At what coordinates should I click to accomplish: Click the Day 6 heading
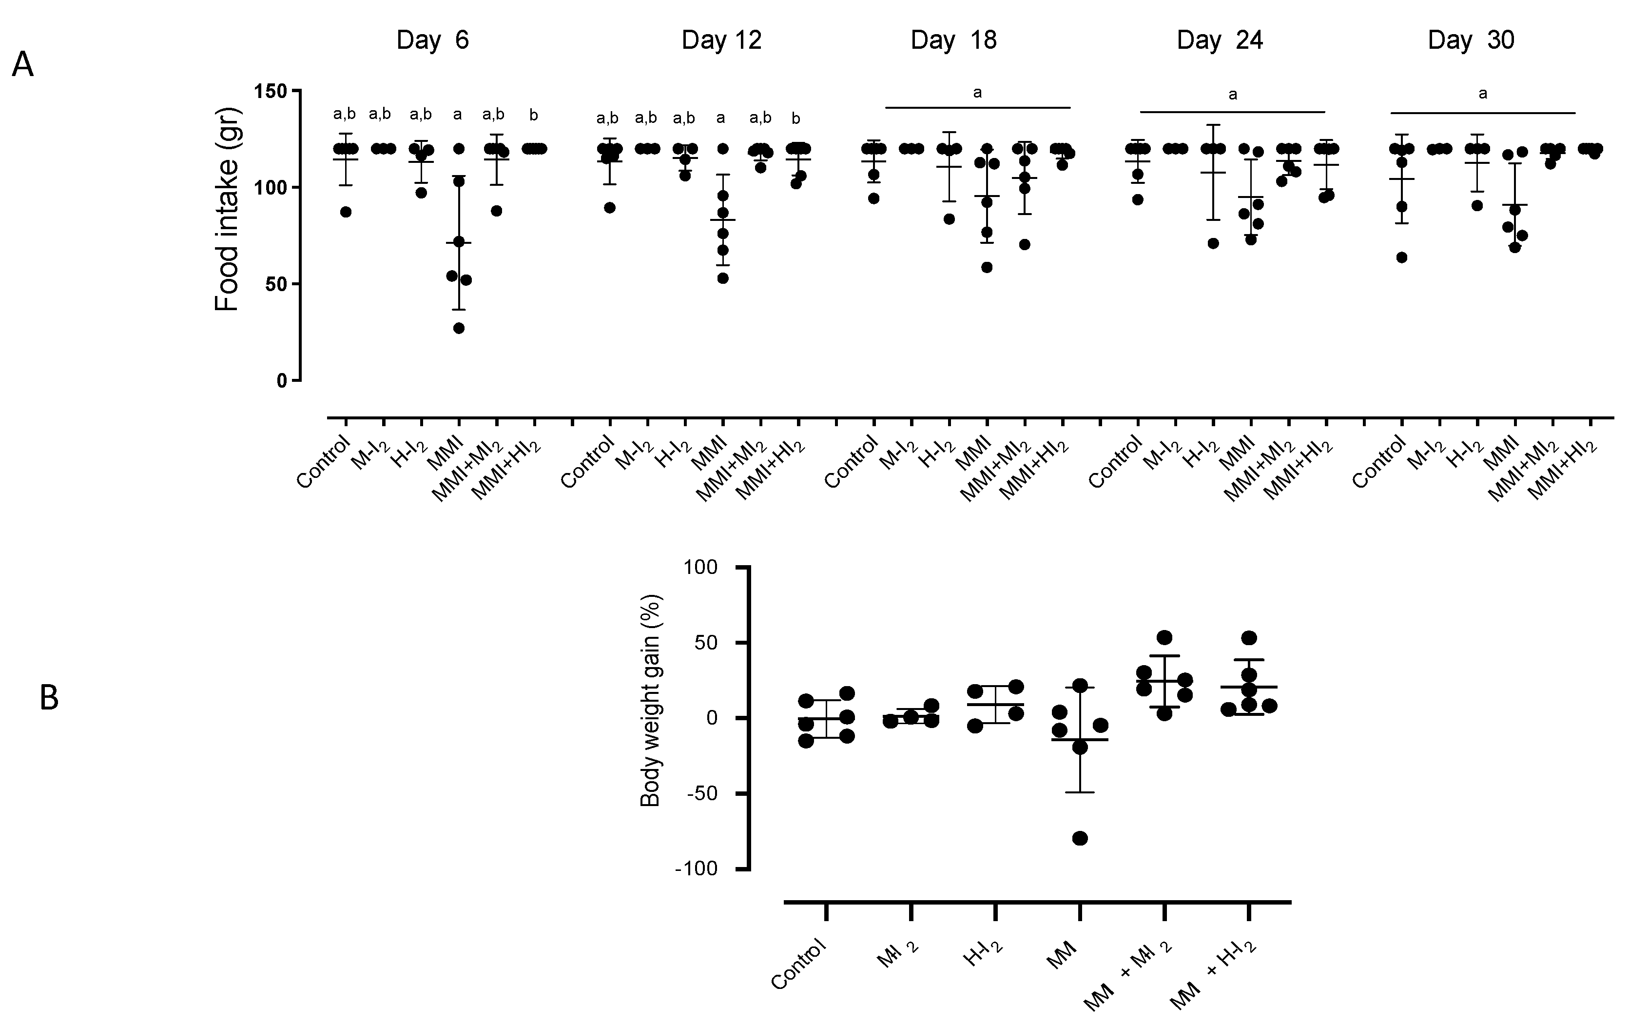pos(432,40)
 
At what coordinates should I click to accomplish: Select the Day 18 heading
pos(953,40)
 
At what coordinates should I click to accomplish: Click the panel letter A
pos(23,66)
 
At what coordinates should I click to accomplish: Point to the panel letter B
pos(49,698)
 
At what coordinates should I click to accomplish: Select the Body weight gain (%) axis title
pos(650,700)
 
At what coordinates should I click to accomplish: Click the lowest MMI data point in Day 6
pos(459,328)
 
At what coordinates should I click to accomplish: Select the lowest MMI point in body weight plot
pos(1080,838)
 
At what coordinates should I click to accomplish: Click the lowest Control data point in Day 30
pos(1402,257)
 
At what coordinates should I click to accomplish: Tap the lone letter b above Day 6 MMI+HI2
pos(534,116)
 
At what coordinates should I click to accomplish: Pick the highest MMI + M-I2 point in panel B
pos(1164,637)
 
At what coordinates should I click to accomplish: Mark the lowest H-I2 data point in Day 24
pos(1213,243)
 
